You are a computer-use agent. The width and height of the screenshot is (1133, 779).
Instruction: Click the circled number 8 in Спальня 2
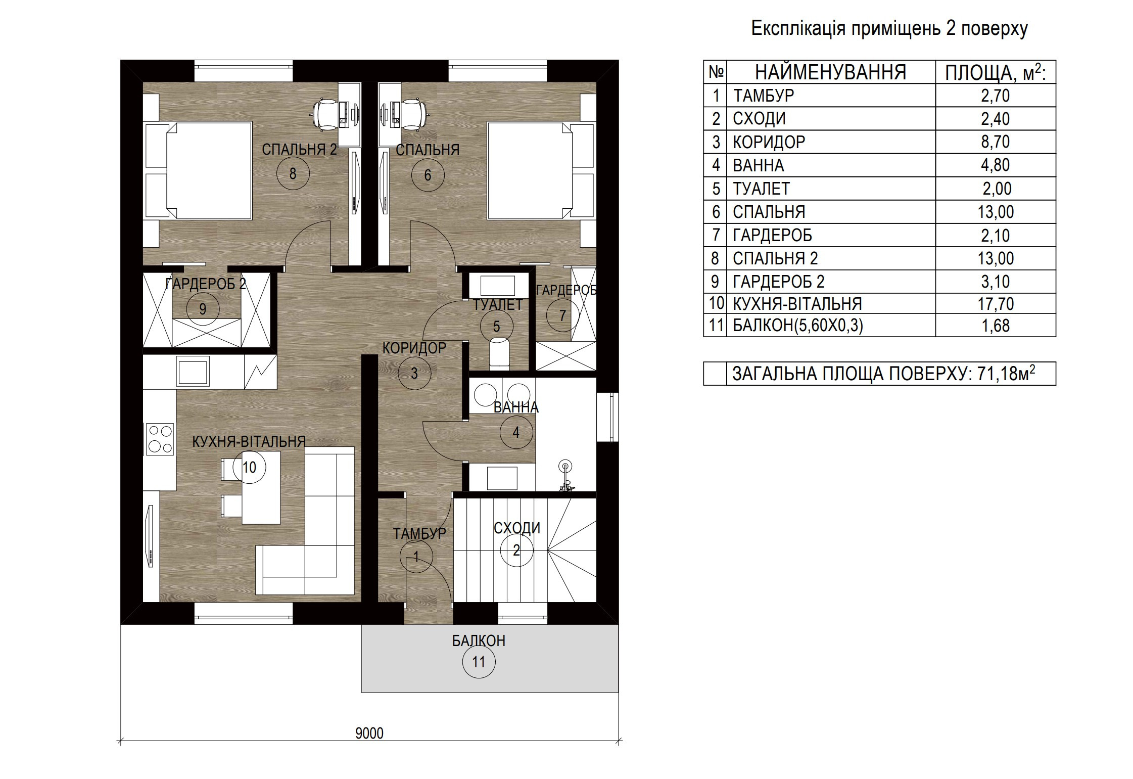pyautogui.click(x=293, y=173)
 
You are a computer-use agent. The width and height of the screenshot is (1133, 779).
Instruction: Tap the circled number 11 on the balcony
pyautogui.click(x=478, y=662)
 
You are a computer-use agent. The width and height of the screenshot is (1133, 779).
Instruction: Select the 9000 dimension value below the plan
pyautogui.click(x=369, y=733)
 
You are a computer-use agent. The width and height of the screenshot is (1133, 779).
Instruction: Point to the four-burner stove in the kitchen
pyautogui.click(x=160, y=439)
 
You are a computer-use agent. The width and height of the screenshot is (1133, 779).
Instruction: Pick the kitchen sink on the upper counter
pyautogui.click(x=193, y=371)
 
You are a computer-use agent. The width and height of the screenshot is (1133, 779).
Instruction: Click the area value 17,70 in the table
pyautogui.click(x=995, y=304)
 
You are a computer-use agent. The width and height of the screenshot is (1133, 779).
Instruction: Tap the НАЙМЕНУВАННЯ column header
pyautogui.click(x=831, y=72)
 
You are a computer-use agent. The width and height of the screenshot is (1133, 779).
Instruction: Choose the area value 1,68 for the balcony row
pyautogui.click(x=995, y=326)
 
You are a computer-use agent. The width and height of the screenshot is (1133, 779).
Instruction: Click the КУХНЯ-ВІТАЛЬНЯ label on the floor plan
pyautogui.click(x=249, y=442)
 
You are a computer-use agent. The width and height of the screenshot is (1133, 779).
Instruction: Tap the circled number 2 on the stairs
pyautogui.click(x=516, y=550)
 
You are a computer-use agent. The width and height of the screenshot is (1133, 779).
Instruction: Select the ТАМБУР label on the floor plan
pyautogui.click(x=419, y=533)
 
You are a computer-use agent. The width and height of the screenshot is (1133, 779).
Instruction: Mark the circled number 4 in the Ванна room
pyautogui.click(x=516, y=432)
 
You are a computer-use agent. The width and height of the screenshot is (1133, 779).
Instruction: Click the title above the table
pyautogui.click(x=889, y=28)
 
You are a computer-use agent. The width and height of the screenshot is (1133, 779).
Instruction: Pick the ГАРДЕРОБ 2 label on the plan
pyautogui.click(x=206, y=284)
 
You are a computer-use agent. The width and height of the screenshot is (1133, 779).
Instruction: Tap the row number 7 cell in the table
pyautogui.click(x=715, y=235)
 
